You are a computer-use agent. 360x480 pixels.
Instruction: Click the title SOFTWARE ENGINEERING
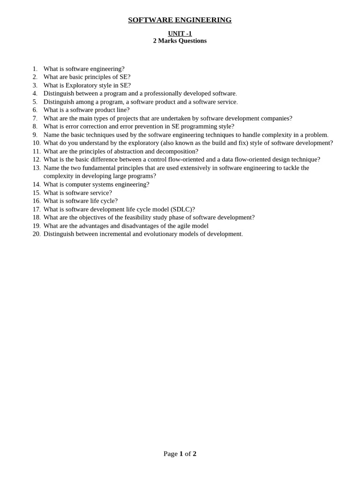[x=180, y=20]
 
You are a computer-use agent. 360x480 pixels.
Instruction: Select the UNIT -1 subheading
[x=180, y=33]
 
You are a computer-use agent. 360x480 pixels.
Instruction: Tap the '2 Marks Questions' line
[x=180, y=41]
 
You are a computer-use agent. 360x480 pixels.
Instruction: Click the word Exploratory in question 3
[x=82, y=85]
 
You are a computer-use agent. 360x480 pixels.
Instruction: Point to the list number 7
[x=35, y=118]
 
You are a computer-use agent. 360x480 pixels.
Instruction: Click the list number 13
[x=36, y=168]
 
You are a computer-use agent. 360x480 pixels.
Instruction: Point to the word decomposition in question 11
[x=176, y=151]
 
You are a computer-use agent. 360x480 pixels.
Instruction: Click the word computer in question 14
[x=78, y=184]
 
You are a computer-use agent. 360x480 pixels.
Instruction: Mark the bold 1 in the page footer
[x=181, y=454]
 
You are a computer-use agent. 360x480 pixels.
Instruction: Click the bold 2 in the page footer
[x=194, y=454]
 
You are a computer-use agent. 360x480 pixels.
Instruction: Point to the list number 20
[x=36, y=234]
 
